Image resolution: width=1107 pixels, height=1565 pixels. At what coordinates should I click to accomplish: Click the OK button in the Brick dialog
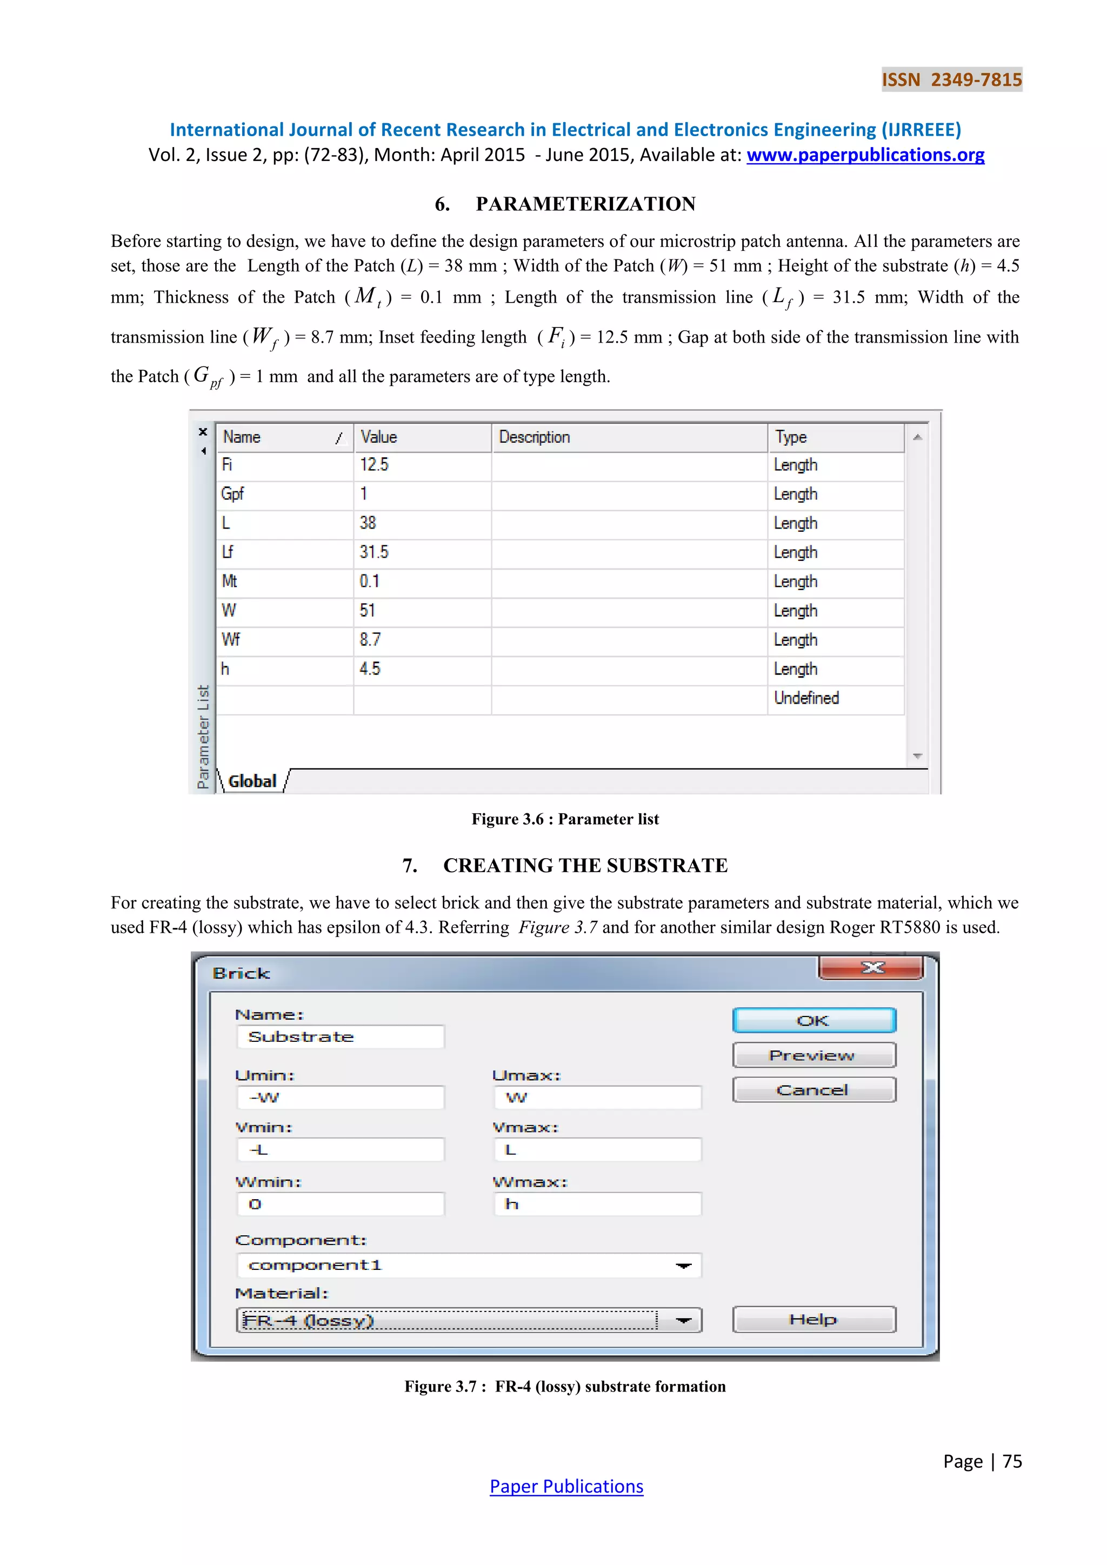coord(814,1020)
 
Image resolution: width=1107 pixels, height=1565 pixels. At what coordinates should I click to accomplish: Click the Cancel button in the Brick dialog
coord(814,1090)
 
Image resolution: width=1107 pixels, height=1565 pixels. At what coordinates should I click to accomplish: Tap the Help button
coord(814,1320)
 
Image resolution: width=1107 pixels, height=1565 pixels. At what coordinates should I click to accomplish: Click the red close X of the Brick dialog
coord(871,967)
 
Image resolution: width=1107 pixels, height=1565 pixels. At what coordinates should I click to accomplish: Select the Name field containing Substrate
coord(340,1036)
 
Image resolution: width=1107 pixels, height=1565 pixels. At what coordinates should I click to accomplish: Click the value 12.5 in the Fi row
coord(374,465)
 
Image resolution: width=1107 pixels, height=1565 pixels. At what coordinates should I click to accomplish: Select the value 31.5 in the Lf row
coord(374,552)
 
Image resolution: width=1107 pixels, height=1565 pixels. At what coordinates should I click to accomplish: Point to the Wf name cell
coord(231,640)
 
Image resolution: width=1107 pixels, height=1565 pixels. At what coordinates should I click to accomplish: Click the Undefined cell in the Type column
coord(806,698)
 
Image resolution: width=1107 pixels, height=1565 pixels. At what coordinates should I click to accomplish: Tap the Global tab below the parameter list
coord(252,781)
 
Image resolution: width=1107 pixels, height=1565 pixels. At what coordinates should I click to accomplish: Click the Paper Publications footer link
coord(566,1487)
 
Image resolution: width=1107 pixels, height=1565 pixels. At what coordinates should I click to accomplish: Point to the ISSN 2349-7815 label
coord(951,80)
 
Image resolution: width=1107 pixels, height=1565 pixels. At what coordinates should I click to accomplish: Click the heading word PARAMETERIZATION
coord(585,204)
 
